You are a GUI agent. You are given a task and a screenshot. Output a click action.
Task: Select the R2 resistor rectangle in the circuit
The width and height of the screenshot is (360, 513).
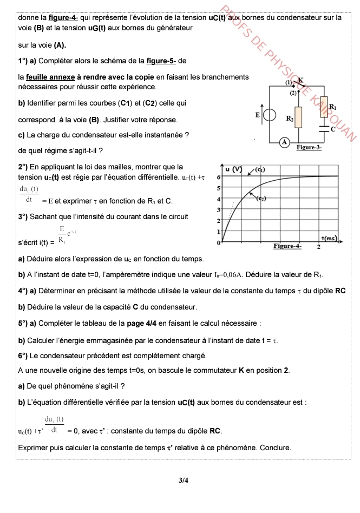click(297, 117)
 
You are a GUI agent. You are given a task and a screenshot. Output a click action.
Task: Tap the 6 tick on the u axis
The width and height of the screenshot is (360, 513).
click(218, 177)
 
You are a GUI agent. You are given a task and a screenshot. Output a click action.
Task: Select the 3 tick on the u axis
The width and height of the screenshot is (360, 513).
click(218, 209)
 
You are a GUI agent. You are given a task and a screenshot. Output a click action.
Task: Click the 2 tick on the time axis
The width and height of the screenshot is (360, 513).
click(319, 247)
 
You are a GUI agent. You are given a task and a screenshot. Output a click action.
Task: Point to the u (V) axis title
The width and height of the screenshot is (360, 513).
click(233, 169)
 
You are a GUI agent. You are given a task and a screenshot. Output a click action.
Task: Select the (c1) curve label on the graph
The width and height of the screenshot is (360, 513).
click(259, 169)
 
